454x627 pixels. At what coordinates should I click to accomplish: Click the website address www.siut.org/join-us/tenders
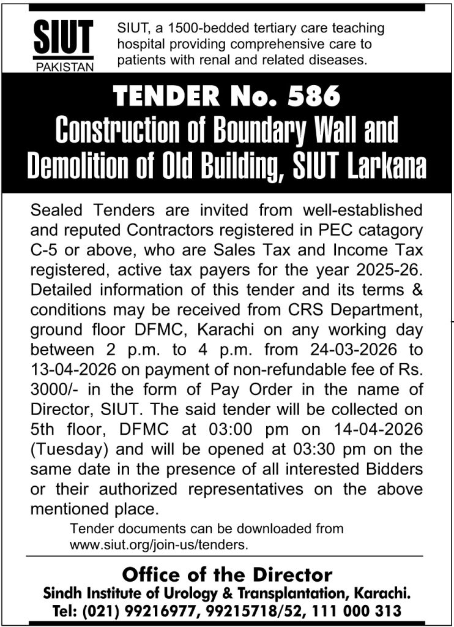[x=160, y=543]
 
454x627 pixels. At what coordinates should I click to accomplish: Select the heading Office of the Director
[x=227, y=575]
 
